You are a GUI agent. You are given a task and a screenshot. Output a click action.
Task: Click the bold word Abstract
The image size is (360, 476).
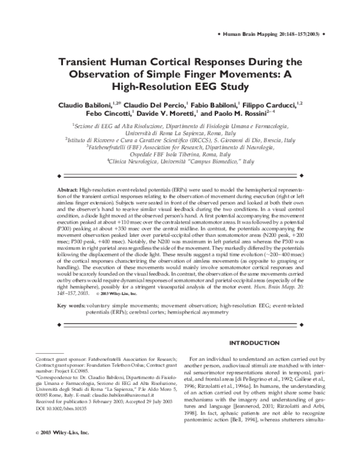[x=67, y=188]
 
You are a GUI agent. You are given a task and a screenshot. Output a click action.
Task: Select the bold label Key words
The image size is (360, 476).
[x=70, y=305]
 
